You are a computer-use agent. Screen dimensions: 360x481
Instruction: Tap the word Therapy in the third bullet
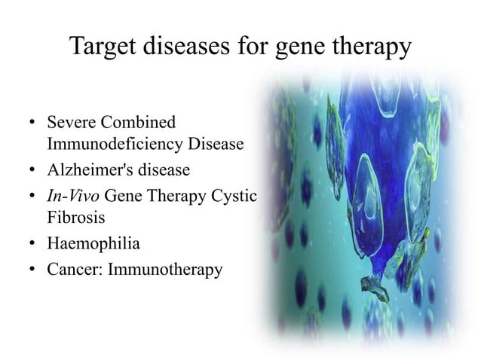pyautogui.click(x=173, y=196)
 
